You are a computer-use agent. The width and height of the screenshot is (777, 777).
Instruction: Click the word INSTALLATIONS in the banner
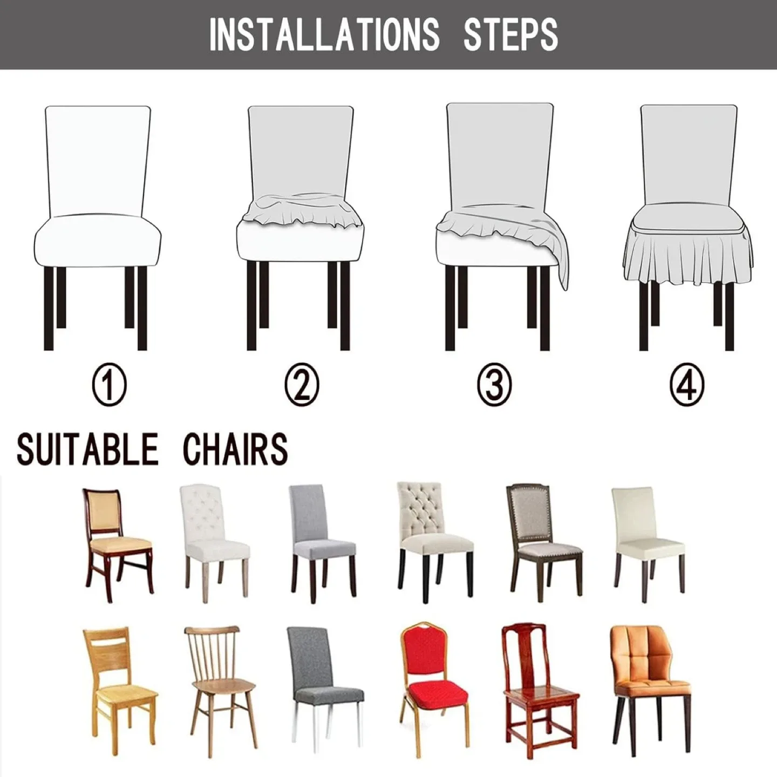(x=324, y=35)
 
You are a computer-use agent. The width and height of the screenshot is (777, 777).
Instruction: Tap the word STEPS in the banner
(x=510, y=35)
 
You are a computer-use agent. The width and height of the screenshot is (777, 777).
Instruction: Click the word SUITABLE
(x=88, y=448)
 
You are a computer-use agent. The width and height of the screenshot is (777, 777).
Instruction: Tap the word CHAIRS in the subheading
(x=235, y=448)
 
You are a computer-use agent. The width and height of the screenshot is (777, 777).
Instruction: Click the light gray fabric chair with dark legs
(x=322, y=540)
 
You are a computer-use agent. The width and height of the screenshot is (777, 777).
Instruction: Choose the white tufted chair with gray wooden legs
(x=215, y=540)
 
